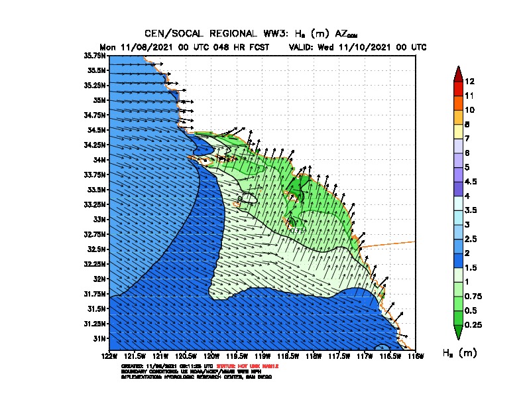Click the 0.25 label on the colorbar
(473, 324)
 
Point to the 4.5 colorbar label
(471, 181)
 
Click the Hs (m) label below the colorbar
(459, 352)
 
